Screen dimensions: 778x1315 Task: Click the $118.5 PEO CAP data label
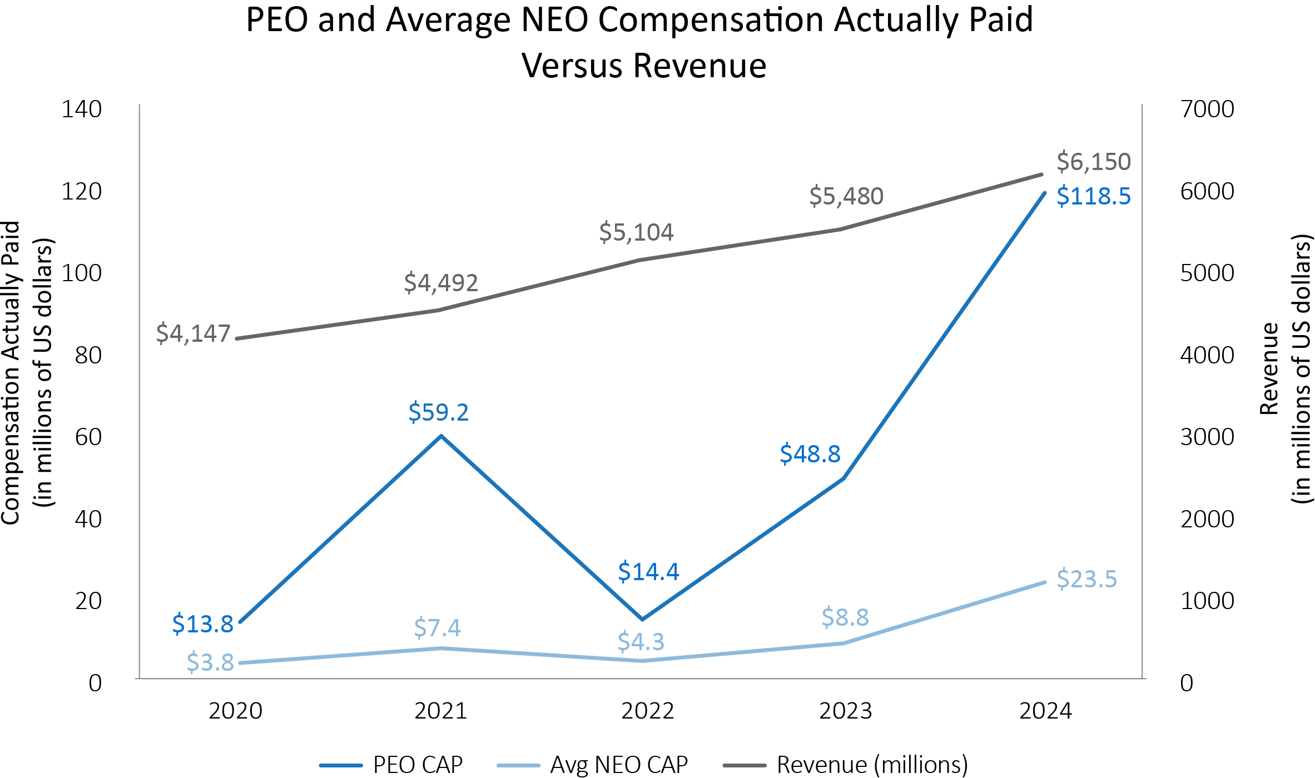point(1093,196)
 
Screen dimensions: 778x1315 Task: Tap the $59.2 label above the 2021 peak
point(438,412)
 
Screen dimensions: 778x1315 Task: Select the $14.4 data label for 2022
point(648,572)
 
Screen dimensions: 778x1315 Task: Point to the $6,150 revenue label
point(1093,162)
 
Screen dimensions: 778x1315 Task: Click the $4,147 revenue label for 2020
point(193,333)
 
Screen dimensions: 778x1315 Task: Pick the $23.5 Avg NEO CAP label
point(1086,579)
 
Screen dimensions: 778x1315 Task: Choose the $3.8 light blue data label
point(210,662)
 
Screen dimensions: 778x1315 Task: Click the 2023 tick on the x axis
point(845,711)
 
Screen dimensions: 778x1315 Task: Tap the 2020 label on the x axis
point(235,711)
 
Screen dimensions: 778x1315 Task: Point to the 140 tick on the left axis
point(81,109)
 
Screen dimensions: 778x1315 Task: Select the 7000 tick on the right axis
point(1207,109)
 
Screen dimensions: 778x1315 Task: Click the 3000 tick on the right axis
point(1207,437)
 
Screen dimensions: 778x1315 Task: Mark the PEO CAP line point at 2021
point(441,436)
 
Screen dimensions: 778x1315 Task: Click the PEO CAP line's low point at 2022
point(642,619)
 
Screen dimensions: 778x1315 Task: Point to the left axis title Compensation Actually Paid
point(11,372)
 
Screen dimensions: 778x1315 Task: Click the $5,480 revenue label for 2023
point(846,196)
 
